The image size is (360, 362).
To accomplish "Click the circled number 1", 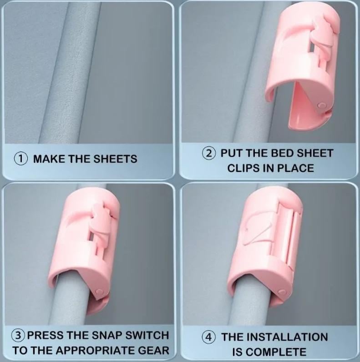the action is (21, 159).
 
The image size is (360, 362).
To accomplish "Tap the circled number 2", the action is (209, 153).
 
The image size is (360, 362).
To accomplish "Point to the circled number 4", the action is (208, 337).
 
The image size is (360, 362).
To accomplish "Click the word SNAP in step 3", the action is (107, 335).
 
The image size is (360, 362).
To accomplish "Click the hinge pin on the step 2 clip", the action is (321, 106).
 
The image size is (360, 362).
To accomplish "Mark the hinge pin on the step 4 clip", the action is (282, 292).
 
